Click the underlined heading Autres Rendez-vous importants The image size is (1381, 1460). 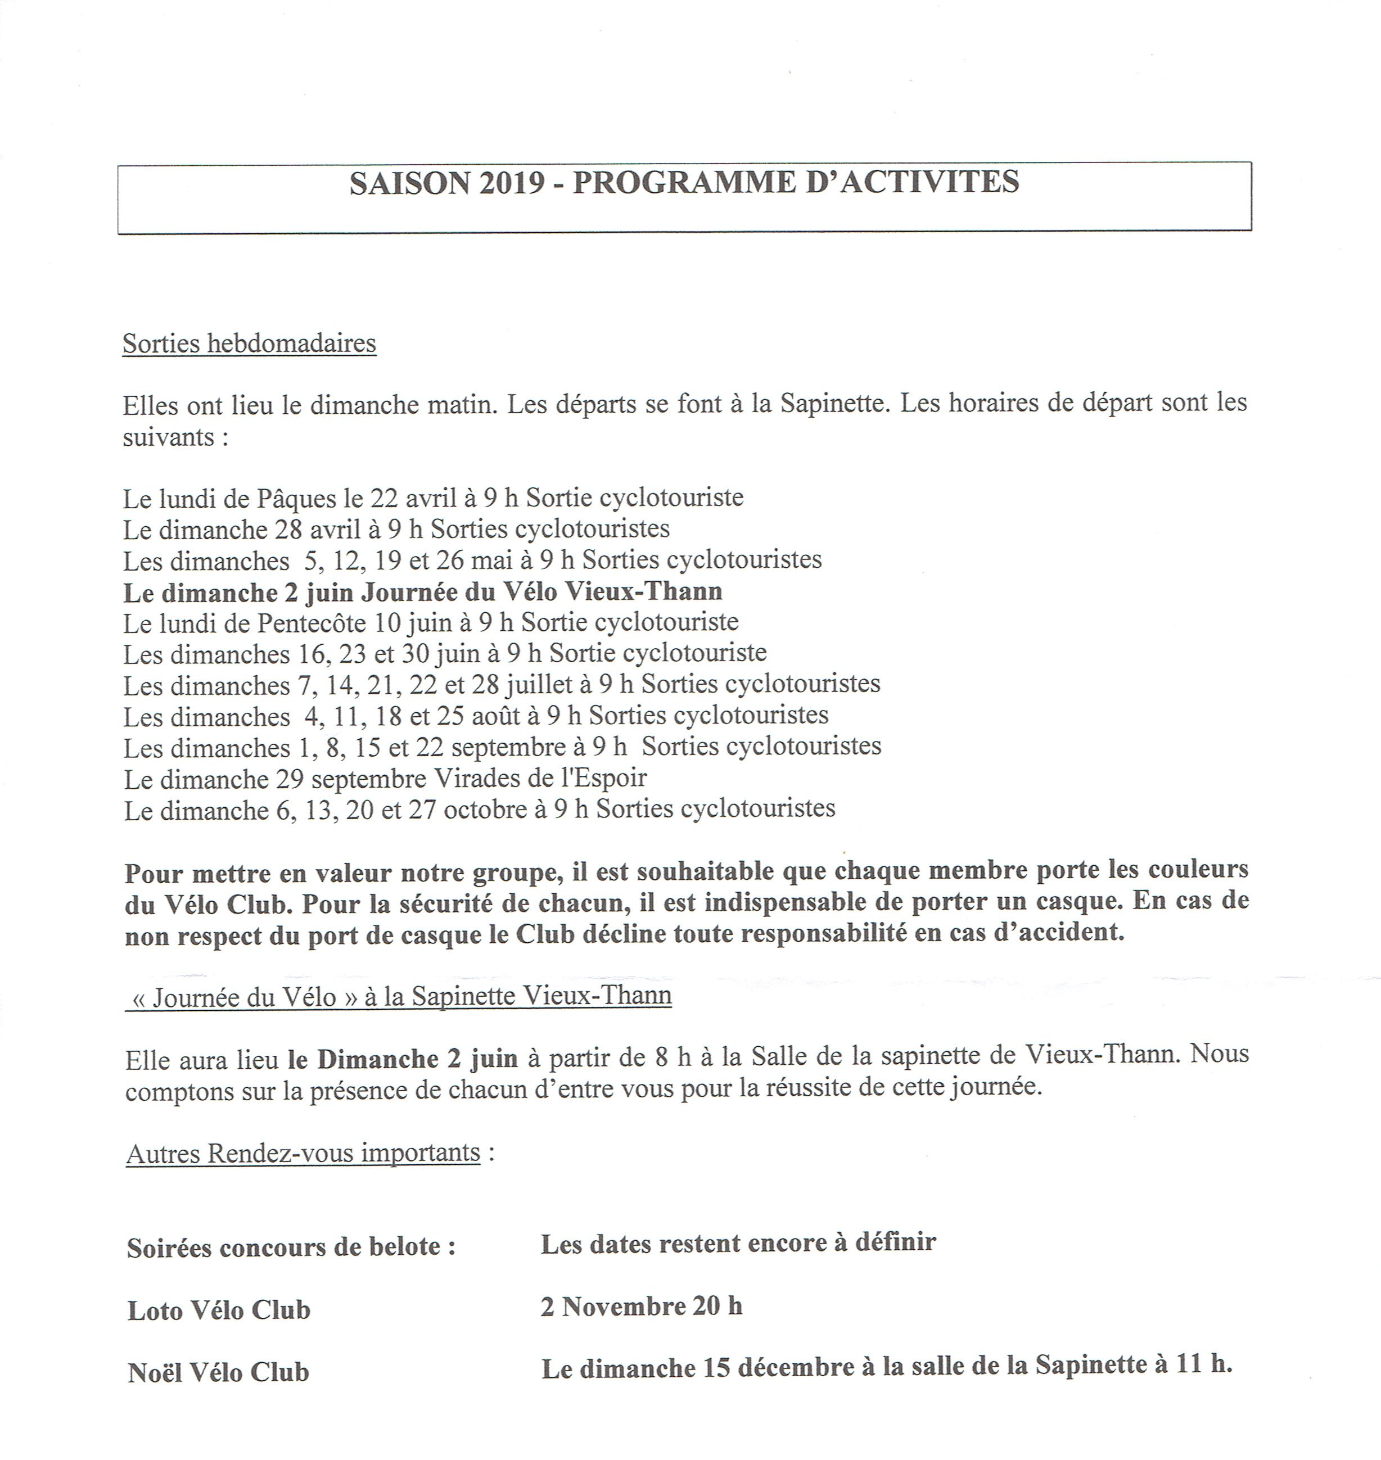click(303, 1153)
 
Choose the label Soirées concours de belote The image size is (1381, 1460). click(291, 1249)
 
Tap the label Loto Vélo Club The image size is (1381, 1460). click(219, 1310)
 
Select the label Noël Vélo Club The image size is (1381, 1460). click(218, 1372)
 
